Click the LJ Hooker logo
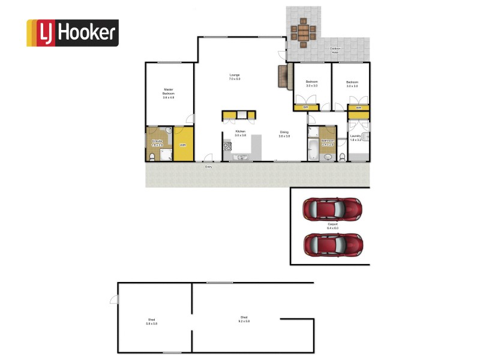72,33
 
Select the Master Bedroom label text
169,93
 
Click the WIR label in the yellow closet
183,145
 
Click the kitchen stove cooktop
227,146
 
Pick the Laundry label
355,137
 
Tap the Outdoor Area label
335,51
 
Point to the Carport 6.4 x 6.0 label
333,227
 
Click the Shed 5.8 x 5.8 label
151,321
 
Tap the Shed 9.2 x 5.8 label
244,319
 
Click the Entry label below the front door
209,167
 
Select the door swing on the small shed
113,302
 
